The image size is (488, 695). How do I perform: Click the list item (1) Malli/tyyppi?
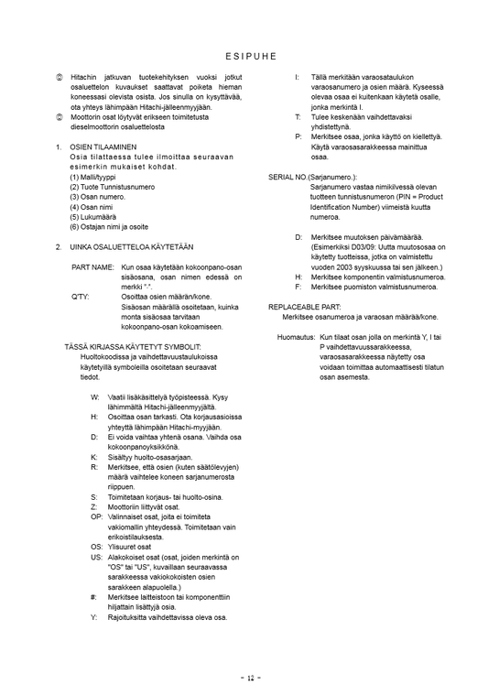coord(96,177)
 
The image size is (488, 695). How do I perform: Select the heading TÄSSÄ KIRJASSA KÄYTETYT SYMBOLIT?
coord(133,347)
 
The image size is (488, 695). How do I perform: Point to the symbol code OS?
coord(96,547)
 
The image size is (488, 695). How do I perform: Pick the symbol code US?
coord(96,557)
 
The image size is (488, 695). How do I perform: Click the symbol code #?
coord(94,597)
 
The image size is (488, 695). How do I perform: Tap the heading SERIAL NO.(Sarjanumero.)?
coord(312,176)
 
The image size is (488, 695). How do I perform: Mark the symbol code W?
coord(95,397)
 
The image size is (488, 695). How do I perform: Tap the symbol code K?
coord(94,457)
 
